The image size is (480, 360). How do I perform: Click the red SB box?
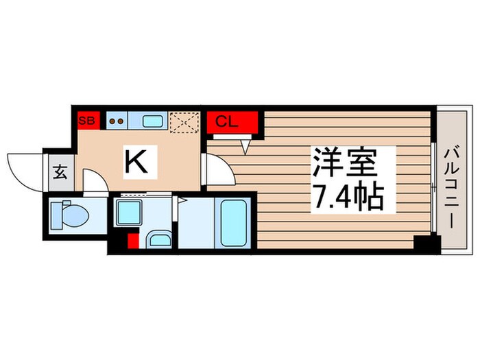point(87,121)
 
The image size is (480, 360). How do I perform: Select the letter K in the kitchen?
point(136,163)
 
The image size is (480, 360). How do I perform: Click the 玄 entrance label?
point(60,171)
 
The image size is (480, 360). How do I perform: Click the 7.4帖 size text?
point(346,199)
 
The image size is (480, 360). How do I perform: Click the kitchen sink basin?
point(152,121)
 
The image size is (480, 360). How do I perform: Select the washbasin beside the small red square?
point(158,239)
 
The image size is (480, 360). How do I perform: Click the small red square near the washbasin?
point(134,241)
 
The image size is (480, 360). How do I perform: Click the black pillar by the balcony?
point(426,243)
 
